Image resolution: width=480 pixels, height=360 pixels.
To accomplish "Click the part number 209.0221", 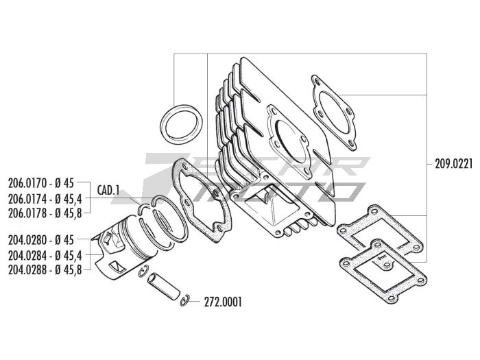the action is [x=454, y=165].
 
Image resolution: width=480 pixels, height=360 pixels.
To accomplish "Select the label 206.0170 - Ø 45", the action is [x=41, y=183].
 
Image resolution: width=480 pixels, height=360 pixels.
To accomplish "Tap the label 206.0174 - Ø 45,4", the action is [x=45, y=199].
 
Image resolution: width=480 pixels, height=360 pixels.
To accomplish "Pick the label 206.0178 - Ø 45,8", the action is [x=45, y=213].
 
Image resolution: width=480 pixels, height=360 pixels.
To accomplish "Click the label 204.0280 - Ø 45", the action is [x=41, y=240].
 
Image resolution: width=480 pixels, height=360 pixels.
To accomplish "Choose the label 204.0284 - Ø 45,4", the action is [x=45, y=255].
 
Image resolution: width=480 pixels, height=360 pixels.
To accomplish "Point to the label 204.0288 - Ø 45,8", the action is [x=45, y=269].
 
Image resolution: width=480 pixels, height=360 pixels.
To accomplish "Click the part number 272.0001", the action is [x=223, y=302].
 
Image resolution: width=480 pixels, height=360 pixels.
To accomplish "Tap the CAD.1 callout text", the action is [x=108, y=190].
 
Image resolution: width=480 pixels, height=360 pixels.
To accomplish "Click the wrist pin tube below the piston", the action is [x=164, y=287].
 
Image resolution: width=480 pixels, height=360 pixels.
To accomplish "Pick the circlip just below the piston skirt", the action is [x=143, y=272].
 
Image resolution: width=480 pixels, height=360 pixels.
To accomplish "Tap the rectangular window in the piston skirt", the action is [x=117, y=267].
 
